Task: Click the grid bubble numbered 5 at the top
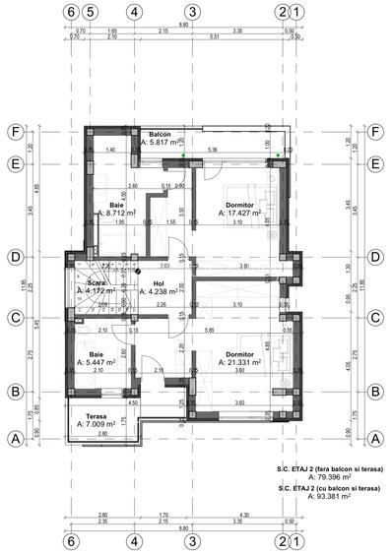point(90,13)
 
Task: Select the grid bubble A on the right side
point(376,439)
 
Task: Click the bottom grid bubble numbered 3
point(193,541)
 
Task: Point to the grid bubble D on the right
point(376,257)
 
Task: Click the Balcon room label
point(162,134)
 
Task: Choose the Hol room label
point(158,282)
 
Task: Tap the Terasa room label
point(96,416)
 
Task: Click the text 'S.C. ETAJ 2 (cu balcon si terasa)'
point(329,487)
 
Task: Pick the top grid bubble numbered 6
point(69,13)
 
